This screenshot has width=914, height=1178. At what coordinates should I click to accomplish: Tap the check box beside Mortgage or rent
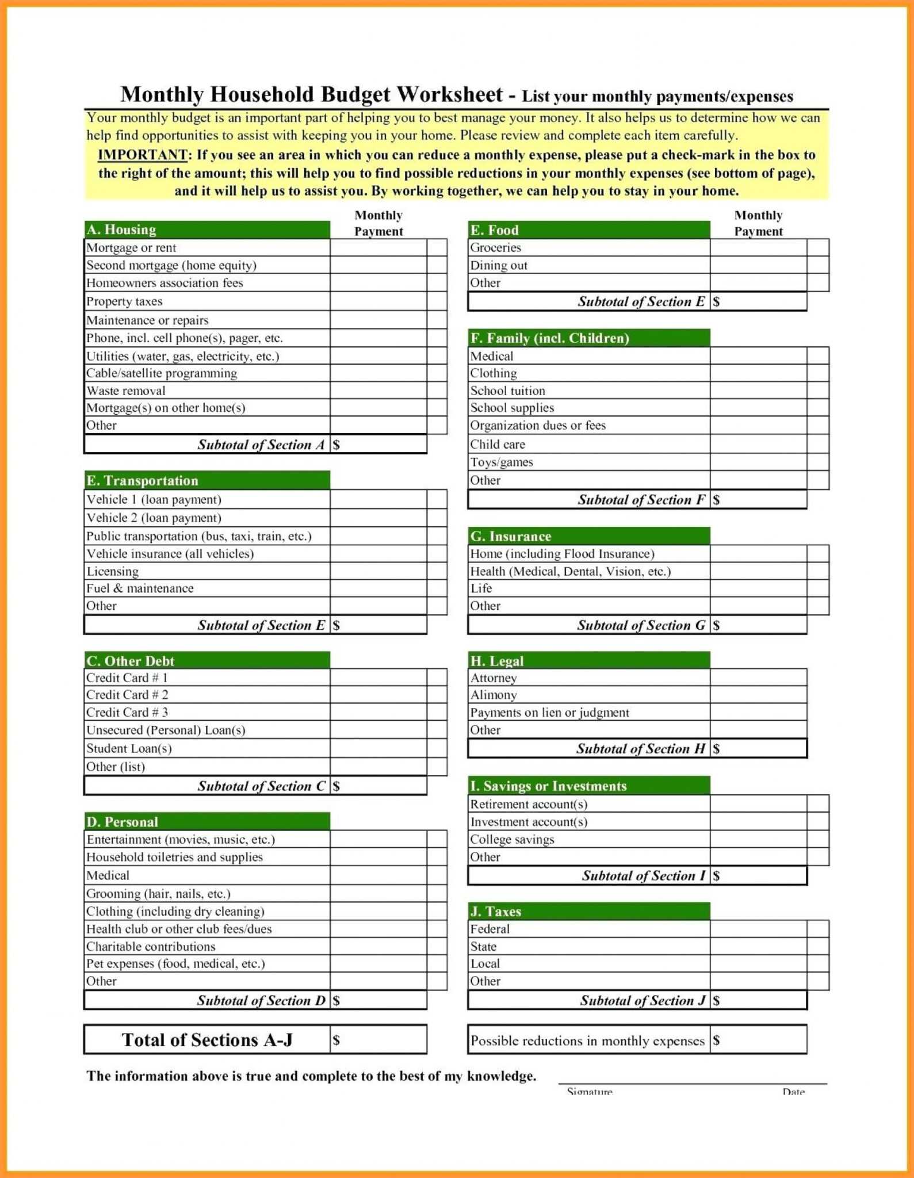[x=437, y=247]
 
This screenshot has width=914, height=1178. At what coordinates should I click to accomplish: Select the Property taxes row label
[x=124, y=301]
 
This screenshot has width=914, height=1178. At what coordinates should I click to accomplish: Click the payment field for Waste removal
[x=378, y=391]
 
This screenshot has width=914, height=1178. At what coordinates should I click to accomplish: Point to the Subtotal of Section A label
[x=261, y=445]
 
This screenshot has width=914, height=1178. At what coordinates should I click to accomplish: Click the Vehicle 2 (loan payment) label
[x=154, y=518]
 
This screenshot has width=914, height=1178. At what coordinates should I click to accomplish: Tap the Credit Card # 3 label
[x=127, y=712]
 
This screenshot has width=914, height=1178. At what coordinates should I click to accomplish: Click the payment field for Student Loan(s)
[x=378, y=748]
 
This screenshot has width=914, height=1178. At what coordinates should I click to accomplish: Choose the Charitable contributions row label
[x=151, y=946]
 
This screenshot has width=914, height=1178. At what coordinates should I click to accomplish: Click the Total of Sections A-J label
[x=207, y=1040]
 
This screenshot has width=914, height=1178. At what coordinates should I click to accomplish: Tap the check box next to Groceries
[x=817, y=247]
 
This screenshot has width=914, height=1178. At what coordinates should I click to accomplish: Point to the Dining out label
[x=498, y=265]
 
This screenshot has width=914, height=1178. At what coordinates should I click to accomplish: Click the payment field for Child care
[x=758, y=444]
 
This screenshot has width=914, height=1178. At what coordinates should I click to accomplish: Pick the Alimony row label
[x=494, y=695]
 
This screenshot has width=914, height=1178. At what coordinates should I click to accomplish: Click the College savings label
[x=512, y=839]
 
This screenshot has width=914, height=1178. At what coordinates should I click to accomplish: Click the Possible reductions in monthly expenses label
[x=587, y=1041]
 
